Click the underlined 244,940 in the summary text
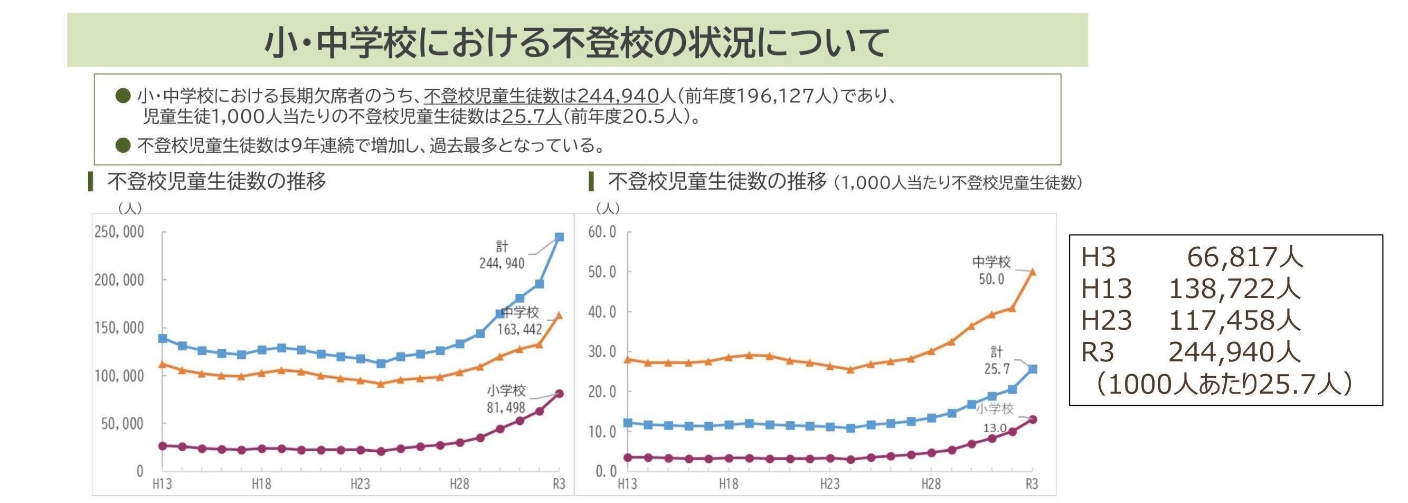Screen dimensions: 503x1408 point(618,96)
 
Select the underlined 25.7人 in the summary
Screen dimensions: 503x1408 point(531,117)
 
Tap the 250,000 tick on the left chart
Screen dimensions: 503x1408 point(119,232)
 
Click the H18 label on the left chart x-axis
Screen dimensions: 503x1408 point(261,484)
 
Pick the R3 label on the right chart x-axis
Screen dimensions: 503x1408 point(1032,484)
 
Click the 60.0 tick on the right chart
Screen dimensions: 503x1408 point(602,232)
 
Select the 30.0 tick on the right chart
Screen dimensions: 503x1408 point(602,351)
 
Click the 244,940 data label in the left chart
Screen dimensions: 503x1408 point(502,264)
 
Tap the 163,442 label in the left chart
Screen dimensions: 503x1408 point(519,329)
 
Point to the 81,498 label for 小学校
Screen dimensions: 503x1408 point(506,408)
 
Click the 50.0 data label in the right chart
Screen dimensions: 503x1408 point(991,280)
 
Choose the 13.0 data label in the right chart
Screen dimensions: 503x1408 point(995,428)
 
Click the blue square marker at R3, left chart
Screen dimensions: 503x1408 point(559,237)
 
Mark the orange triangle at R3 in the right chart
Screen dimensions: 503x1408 point(1033,271)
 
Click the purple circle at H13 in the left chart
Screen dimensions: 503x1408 point(162,446)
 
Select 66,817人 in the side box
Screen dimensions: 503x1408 point(1245,257)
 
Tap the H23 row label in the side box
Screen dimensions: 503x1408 point(1107,320)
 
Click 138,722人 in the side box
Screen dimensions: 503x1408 point(1234,288)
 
